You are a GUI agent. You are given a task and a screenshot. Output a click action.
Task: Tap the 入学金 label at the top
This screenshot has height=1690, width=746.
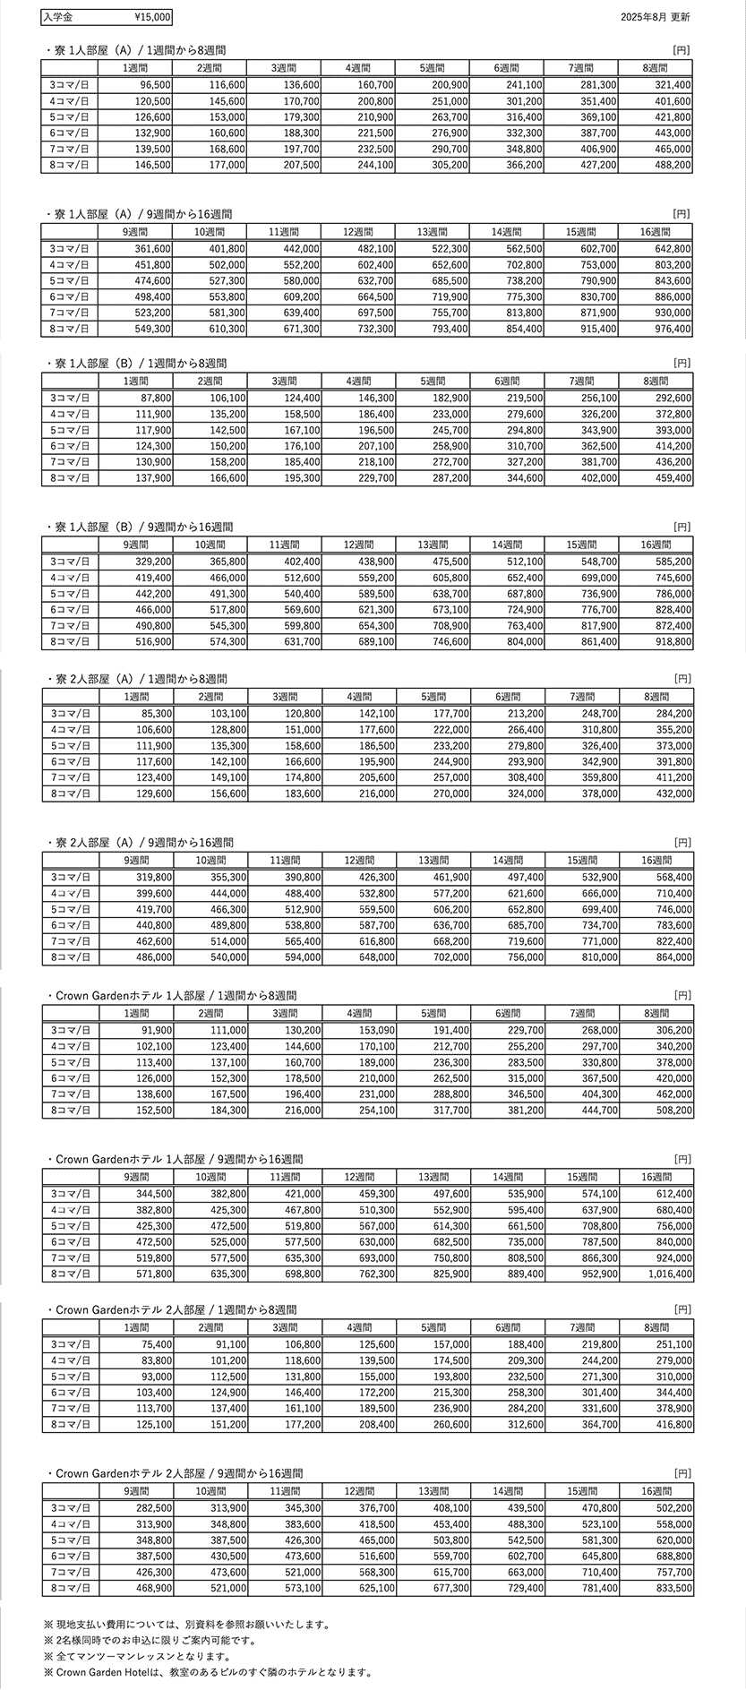[x=60, y=17]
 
